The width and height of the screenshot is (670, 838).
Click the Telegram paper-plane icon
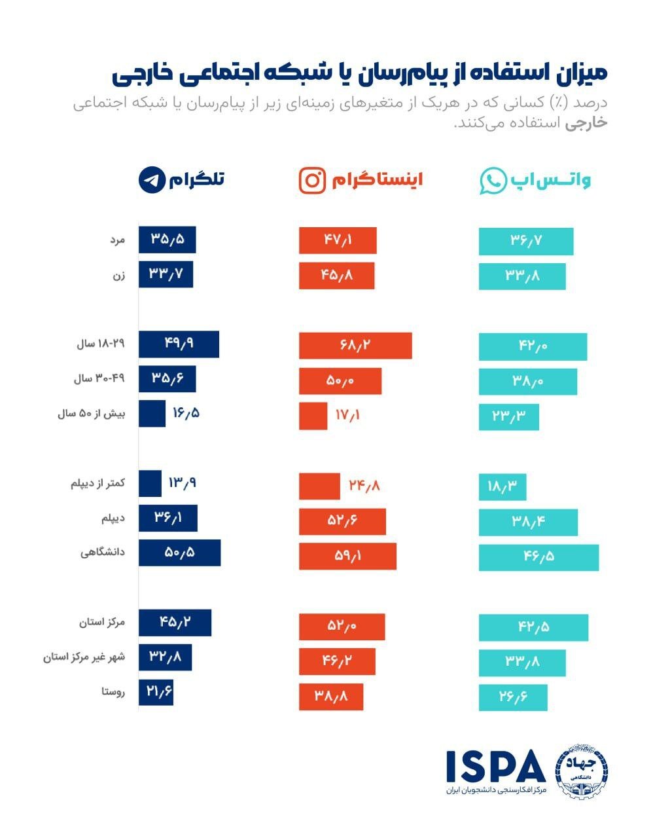152,180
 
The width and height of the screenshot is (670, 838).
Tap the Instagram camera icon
312,180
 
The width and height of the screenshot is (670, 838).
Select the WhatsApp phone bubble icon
493,181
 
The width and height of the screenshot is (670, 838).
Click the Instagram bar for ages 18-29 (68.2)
355,346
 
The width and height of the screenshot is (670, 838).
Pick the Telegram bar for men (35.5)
167,240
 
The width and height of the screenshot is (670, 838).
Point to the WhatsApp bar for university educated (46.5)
538,556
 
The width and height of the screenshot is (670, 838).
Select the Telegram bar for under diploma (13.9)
150,483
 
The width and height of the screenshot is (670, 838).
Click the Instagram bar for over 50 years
313,416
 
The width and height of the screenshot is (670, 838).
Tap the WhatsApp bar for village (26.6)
513,697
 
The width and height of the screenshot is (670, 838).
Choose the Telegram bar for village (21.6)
156,692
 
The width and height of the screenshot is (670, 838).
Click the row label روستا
113,692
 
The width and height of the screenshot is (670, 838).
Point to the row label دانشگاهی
103,553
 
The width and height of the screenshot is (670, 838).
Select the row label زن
118,276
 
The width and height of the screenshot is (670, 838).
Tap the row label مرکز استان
102,622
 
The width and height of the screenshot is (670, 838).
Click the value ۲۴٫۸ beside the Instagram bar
364,486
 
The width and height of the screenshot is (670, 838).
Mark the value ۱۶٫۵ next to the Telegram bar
186,413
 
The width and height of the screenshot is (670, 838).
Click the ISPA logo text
495,767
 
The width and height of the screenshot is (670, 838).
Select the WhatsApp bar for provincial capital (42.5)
533,627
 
